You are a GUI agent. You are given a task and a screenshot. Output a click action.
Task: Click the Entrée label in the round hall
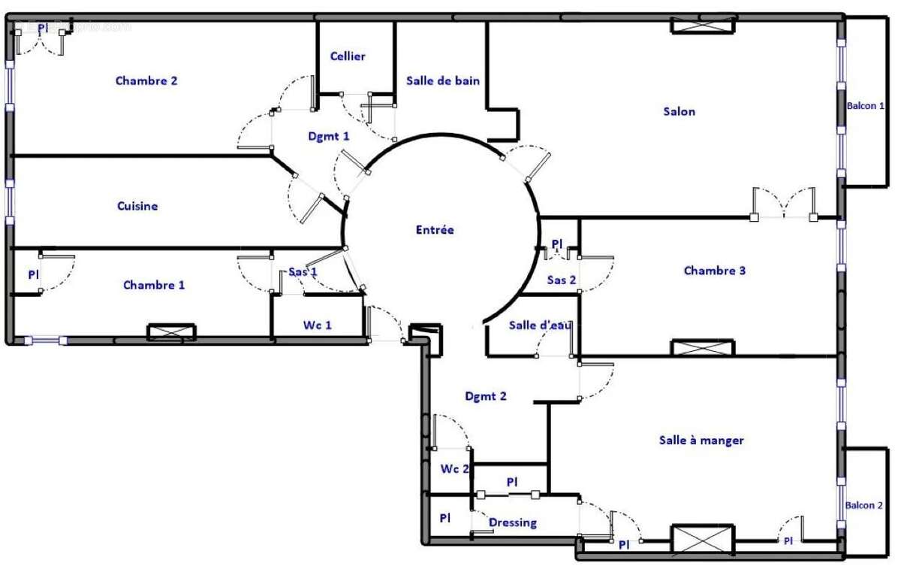[x=435, y=230]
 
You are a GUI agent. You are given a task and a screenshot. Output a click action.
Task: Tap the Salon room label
[x=679, y=112]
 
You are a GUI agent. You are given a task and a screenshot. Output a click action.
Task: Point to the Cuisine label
[x=137, y=206]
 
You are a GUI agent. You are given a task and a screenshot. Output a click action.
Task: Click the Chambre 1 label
[x=154, y=285]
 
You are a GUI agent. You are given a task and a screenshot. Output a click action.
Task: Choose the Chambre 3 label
[x=714, y=271]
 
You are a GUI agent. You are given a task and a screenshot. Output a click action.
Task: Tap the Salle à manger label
[x=701, y=440]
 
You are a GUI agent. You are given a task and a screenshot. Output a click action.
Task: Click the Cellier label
[x=348, y=56]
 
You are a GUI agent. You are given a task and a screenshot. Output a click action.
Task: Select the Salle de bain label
[x=443, y=81]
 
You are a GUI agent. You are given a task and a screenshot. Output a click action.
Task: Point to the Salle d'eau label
[x=540, y=325]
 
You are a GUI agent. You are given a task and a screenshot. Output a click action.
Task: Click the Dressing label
[x=513, y=522]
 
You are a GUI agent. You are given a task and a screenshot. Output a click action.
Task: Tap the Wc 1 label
[x=316, y=325]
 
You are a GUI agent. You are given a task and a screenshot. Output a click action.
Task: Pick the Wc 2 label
[x=454, y=469]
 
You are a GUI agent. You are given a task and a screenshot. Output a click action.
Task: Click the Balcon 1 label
[x=865, y=107]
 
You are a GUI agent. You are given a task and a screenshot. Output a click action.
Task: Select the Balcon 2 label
[x=863, y=505]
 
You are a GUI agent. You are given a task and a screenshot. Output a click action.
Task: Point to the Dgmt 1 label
[x=329, y=136]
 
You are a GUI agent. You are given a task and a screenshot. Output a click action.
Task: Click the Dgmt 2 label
[x=486, y=396]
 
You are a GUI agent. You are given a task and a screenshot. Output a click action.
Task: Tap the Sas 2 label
[x=561, y=280]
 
